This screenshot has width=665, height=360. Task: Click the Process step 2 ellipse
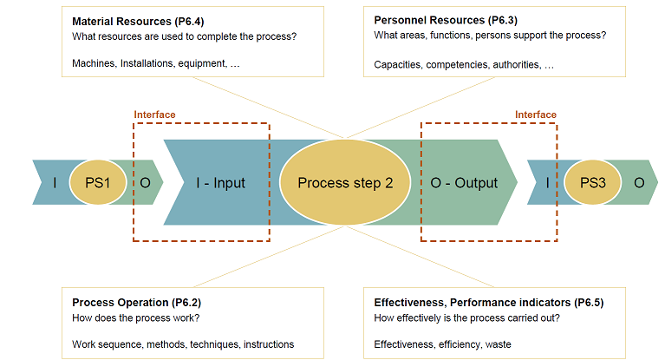(x=345, y=182)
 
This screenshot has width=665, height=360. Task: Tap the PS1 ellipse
(x=98, y=182)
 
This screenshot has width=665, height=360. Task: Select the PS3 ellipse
(x=592, y=182)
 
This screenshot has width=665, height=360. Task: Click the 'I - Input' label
(x=220, y=182)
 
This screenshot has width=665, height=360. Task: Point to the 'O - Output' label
(x=464, y=182)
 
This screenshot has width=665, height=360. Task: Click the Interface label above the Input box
(x=154, y=115)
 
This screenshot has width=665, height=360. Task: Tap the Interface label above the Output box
(x=536, y=115)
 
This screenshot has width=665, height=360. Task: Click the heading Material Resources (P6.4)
(x=138, y=21)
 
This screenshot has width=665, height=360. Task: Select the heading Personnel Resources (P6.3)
(x=446, y=20)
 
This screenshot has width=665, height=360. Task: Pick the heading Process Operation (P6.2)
(x=137, y=302)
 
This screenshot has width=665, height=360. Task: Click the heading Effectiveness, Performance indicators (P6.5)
(x=489, y=302)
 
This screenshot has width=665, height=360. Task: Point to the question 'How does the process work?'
(x=136, y=317)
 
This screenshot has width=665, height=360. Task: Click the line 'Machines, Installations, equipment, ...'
(x=156, y=63)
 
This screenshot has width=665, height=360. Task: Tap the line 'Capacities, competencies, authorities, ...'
(x=464, y=64)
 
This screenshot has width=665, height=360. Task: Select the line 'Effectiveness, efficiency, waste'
(x=442, y=344)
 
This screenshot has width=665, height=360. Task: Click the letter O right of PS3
(x=639, y=182)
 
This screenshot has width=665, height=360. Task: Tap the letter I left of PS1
(x=55, y=182)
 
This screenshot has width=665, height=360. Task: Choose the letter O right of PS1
(x=145, y=182)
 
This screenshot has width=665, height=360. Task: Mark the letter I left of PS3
(x=548, y=182)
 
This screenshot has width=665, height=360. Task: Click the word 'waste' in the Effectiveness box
(x=498, y=344)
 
